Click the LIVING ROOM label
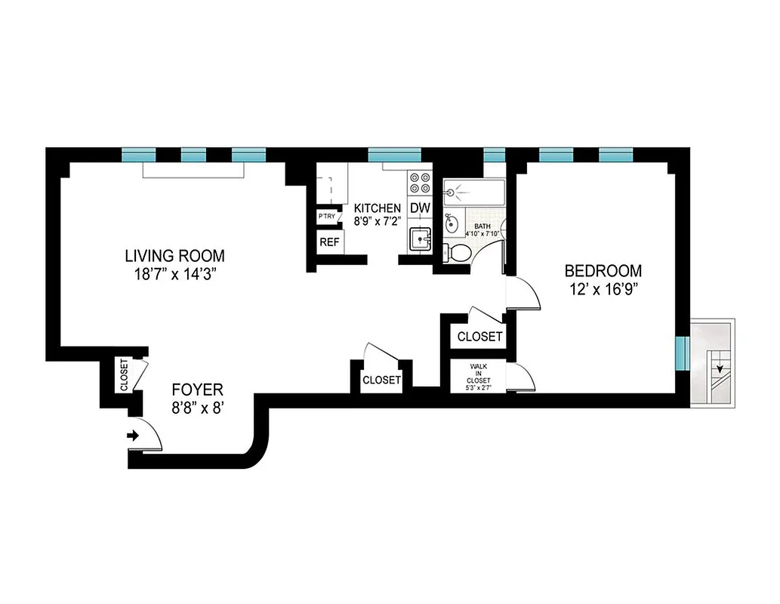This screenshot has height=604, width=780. (174, 255)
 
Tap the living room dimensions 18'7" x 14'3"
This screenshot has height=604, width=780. (174, 274)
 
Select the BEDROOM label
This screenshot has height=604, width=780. (603, 270)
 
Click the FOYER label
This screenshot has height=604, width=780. (197, 390)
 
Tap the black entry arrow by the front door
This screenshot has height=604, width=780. (134, 436)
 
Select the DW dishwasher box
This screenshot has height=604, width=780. (419, 208)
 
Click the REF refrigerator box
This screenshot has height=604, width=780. (328, 242)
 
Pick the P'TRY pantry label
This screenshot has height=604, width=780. (327, 217)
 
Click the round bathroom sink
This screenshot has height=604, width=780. (451, 223)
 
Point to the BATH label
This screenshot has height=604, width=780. (482, 226)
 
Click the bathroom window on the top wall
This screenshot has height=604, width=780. (494, 155)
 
